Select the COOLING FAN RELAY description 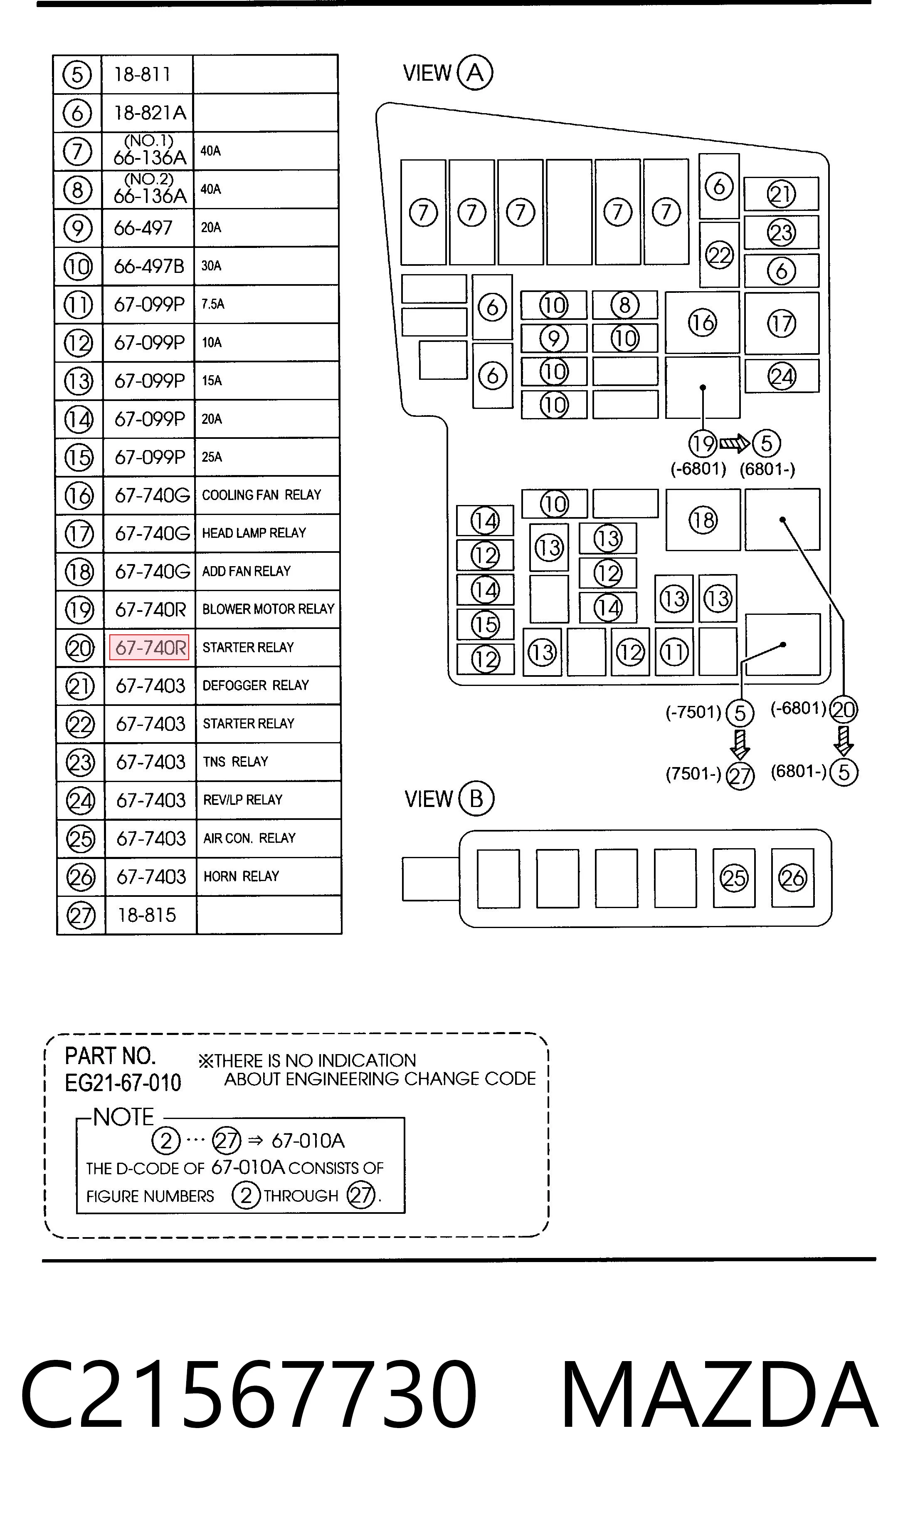(262, 495)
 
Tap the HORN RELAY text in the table (241, 876)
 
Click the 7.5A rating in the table (213, 304)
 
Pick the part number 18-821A (150, 113)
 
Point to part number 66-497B (149, 266)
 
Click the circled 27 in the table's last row (81, 915)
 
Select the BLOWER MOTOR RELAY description (268, 609)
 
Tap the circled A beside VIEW (475, 73)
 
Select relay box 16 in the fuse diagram (703, 323)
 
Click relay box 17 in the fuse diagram (782, 323)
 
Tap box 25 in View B (734, 878)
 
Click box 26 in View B (793, 878)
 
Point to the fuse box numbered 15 (485, 624)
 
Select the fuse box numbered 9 (554, 338)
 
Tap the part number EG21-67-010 (123, 1083)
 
